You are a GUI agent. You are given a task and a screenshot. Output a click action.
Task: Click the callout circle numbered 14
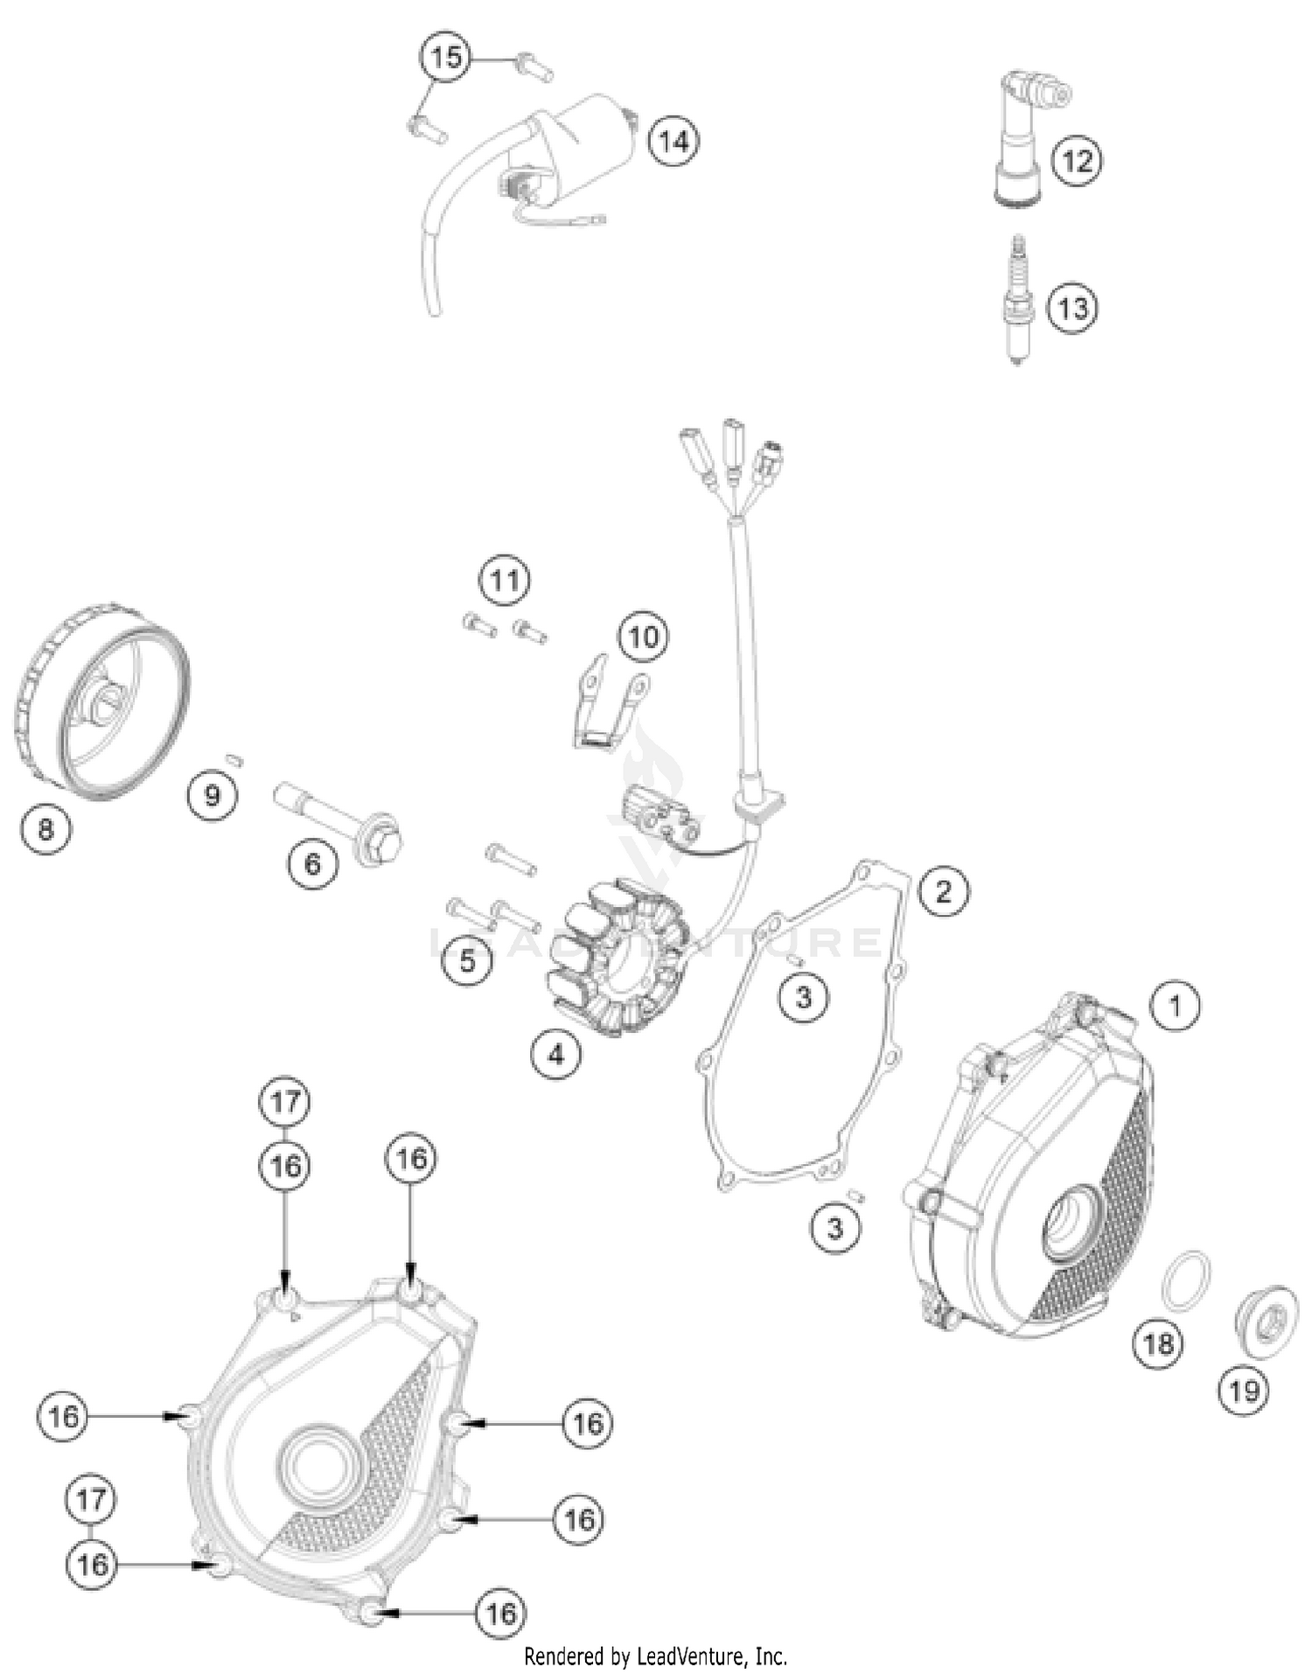point(673,141)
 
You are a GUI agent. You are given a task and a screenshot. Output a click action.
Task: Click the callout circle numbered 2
point(943,891)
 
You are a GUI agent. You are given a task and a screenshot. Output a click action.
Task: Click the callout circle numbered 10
point(643,636)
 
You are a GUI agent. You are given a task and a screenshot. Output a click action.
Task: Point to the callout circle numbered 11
point(505,580)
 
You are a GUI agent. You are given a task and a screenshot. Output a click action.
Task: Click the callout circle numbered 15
point(445,58)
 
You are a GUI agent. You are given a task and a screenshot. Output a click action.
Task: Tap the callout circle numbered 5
point(467,960)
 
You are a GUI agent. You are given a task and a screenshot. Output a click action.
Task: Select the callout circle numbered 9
point(213,795)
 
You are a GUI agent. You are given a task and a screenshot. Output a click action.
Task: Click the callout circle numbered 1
point(1175,1006)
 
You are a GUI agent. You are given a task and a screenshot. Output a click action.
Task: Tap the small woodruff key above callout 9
point(234,759)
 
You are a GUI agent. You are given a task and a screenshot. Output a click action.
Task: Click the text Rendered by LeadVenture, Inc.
point(655,1656)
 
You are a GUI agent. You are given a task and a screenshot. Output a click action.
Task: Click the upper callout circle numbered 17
point(285,1102)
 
